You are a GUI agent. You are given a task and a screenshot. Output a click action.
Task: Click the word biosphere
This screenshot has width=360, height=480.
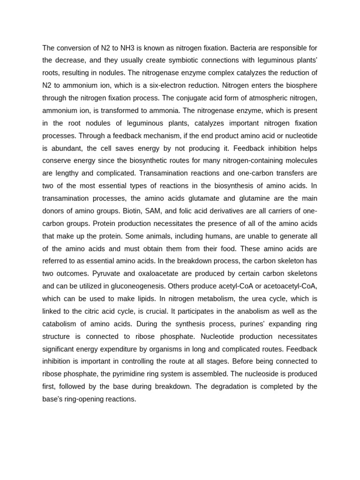[300, 85]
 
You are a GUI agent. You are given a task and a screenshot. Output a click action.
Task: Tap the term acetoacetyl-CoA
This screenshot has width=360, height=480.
[287, 286]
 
